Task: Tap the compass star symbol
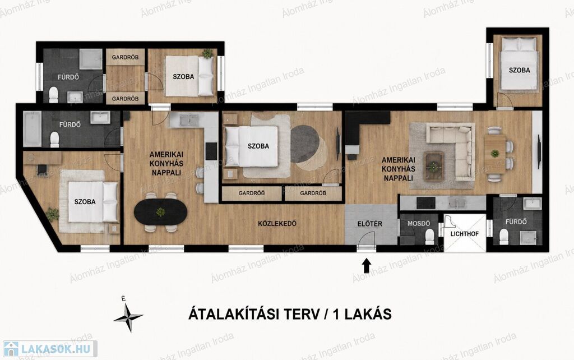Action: click(128, 317)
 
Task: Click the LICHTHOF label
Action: click(464, 234)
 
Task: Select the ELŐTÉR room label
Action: click(370, 224)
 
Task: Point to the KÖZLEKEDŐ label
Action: click(277, 223)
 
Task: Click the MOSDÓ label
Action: click(418, 223)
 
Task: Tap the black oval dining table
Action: click(160, 212)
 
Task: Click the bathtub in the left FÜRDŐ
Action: click(32, 128)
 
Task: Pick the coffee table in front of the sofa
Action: click(434, 167)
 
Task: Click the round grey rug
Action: click(304, 144)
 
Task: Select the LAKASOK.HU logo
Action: click(50, 349)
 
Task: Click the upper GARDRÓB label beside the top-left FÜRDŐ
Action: click(125, 58)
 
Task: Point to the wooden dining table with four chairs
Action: click(494, 154)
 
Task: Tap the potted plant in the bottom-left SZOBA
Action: click(53, 214)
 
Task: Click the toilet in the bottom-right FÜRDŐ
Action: click(504, 237)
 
